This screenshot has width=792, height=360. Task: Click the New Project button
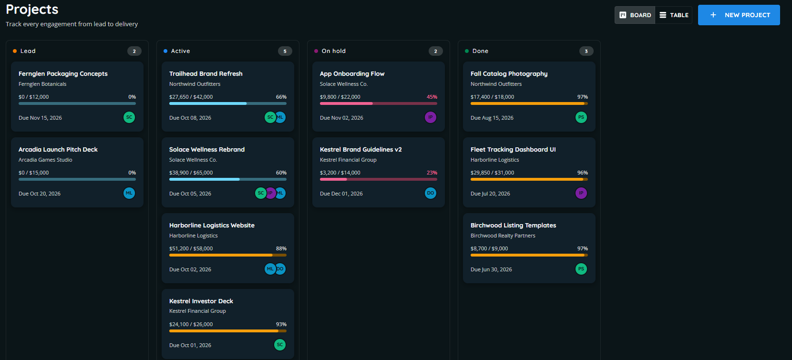click(739, 15)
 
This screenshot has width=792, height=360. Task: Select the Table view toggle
click(674, 15)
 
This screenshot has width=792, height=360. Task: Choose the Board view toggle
click(635, 15)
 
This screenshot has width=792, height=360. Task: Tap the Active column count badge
click(285, 51)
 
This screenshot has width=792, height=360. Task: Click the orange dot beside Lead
click(15, 51)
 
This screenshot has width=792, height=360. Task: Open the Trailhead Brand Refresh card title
click(206, 73)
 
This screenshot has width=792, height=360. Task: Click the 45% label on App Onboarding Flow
click(432, 97)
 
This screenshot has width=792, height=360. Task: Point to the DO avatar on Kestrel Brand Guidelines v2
click(430, 193)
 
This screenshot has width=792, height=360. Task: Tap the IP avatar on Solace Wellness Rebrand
click(270, 193)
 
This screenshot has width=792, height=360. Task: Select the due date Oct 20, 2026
click(40, 194)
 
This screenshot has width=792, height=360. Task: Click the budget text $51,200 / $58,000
click(191, 248)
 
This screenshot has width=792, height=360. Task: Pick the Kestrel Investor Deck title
click(201, 301)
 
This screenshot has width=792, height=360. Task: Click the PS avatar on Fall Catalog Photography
click(581, 117)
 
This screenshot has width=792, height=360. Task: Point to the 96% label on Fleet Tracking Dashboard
click(582, 173)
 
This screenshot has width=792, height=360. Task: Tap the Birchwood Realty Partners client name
click(503, 236)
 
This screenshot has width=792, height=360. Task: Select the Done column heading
click(480, 51)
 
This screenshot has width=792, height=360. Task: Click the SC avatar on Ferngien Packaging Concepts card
click(129, 117)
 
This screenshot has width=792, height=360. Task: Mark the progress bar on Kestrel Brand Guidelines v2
click(378, 179)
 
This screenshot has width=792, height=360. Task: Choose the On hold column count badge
click(436, 51)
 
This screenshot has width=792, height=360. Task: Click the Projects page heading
click(32, 10)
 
